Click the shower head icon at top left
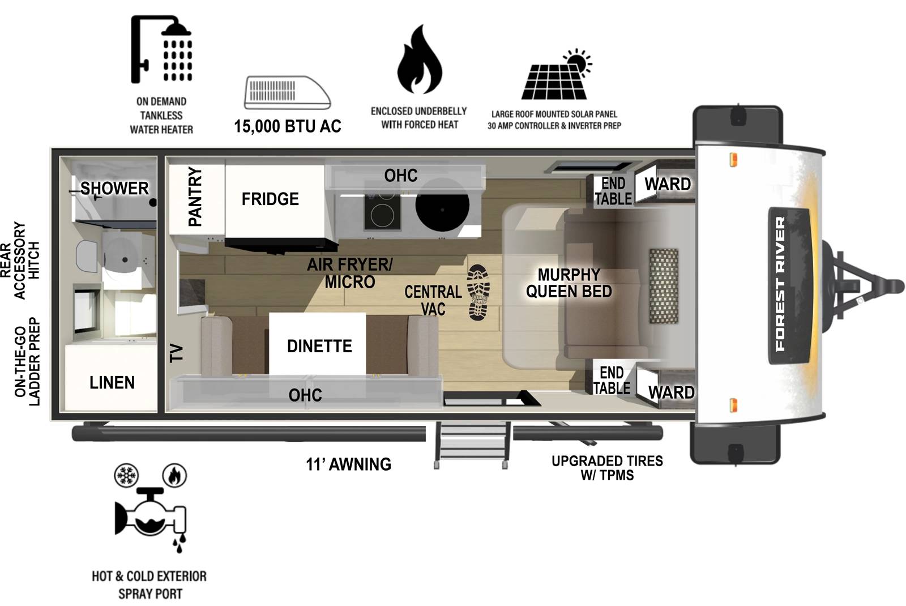pos(161,50)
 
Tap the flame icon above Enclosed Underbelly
pos(419,60)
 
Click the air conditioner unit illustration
pos(287,92)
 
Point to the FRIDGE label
pos(270,199)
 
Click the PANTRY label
pos(195,197)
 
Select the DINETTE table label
pos(319,346)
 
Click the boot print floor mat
pos(478,292)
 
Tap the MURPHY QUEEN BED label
pos(569,283)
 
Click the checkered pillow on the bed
pos(663,286)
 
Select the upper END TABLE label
pos(613,191)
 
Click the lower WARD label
pos(671,392)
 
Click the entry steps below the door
pos(472,444)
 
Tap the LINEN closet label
pos(112,383)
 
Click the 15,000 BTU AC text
pos(288,126)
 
